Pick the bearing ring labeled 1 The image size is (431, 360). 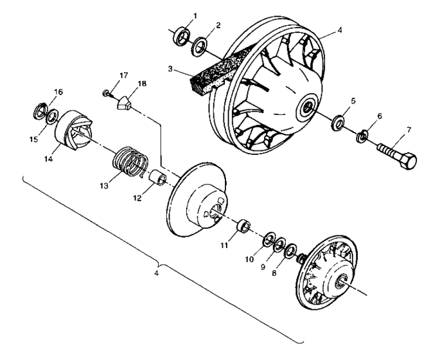(180, 37)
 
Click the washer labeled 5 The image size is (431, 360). (337, 122)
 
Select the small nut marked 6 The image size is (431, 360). (362, 136)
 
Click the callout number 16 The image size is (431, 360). (58, 92)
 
